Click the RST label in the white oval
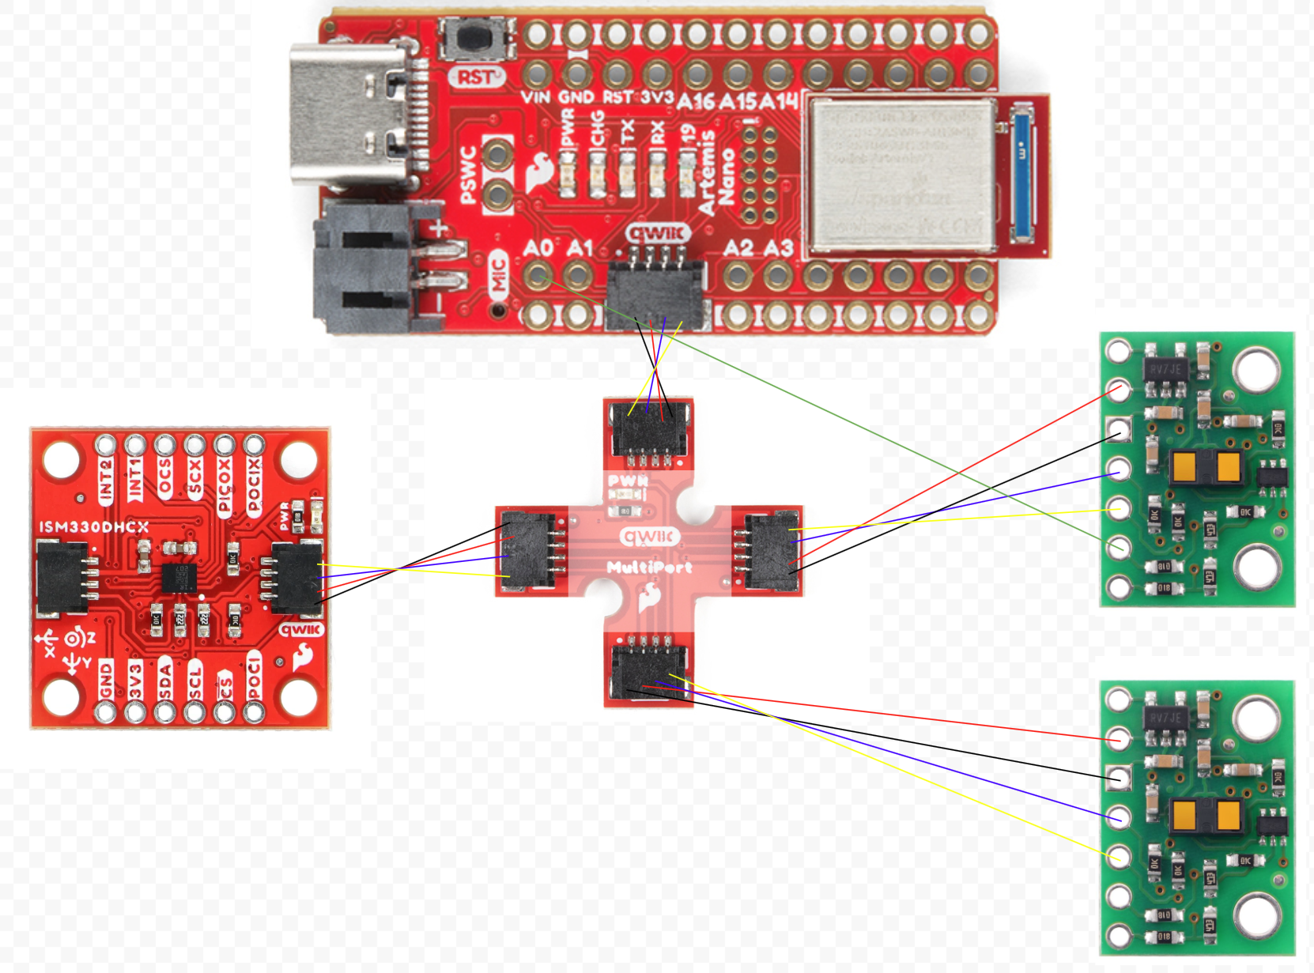(478, 77)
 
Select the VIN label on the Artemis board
(535, 97)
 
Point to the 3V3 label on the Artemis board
(656, 97)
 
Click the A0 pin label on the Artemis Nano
(538, 248)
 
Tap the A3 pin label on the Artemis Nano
(779, 248)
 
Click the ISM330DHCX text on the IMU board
(93, 526)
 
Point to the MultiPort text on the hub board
(649, 567)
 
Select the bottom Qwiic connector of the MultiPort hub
(648, 669)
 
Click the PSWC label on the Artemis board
(467, 175)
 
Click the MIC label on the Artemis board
(498, 276)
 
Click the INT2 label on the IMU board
(106, 479)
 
